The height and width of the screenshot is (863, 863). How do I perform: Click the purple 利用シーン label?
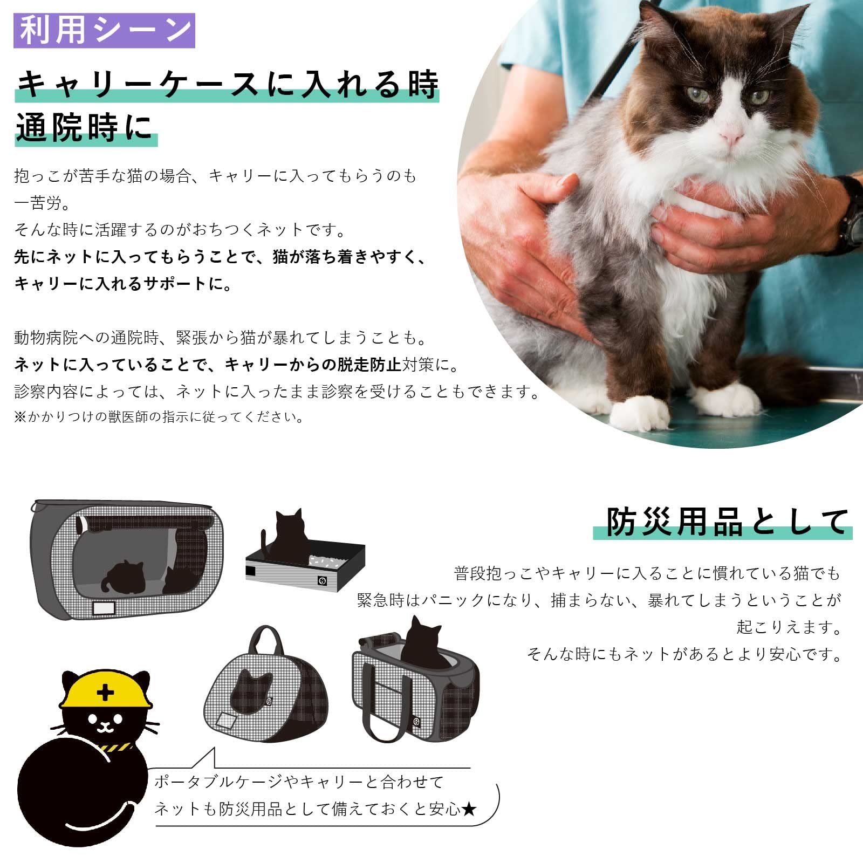(104, 30)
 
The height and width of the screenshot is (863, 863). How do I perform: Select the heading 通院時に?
(85, 128)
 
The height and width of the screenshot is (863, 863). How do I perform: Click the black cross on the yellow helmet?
(105, 692)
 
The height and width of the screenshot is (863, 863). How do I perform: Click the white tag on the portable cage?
(104, 608)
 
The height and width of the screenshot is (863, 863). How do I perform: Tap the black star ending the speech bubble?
(469, 809)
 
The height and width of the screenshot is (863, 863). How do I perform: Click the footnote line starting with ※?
(159, 417)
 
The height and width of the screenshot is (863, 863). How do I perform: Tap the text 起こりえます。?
(789, 627)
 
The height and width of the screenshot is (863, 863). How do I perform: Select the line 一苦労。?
(42, 203)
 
